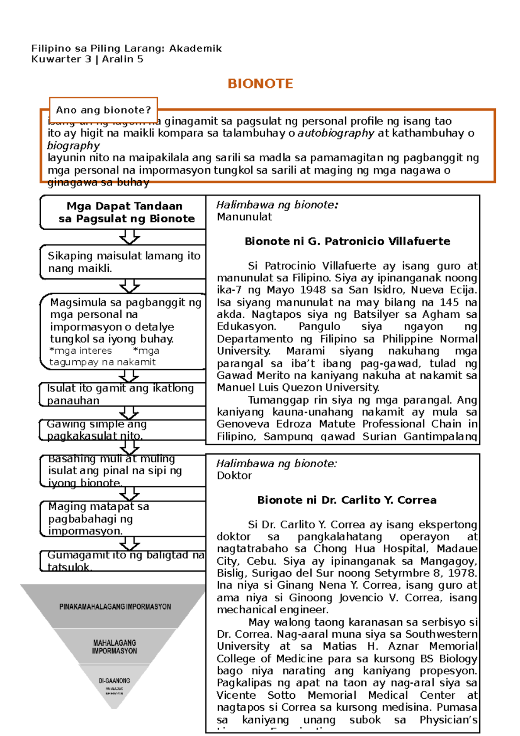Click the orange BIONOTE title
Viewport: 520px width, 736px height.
pos(260,84)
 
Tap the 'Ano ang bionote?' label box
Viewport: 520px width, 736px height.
pos(104,110)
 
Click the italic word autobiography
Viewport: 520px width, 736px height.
pos(335,133)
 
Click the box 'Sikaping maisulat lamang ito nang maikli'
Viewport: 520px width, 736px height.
pos(124,262)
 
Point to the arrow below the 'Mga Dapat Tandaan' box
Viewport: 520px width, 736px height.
pos(130,237)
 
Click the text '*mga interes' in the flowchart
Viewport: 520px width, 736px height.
pos(81,351)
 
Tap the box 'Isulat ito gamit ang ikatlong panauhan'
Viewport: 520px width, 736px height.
pos(121,394)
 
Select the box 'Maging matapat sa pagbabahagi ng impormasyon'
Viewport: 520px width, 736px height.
pos(121,518)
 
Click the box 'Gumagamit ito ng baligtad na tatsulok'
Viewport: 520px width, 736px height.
pos(124,561)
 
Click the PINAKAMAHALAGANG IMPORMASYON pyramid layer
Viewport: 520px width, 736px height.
pos(115,606)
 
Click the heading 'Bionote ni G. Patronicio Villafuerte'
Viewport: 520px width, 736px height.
pos(347,241)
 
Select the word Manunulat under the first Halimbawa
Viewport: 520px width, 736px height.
pos(244,217)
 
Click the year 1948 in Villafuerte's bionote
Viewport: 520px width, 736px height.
pos(315,290)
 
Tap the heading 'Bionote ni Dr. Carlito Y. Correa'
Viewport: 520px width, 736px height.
pos(347,500)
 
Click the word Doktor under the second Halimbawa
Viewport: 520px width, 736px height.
pos(234,475)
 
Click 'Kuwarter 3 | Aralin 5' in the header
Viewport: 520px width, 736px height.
pos(87,59)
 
